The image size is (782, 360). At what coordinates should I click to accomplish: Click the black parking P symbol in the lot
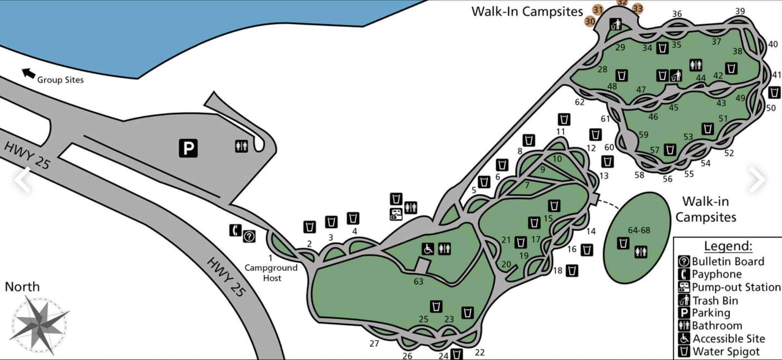click(x=188, y=148)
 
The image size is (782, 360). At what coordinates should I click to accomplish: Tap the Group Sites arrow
click(x=29, y=73)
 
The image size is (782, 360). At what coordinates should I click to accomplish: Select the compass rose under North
click(x=40, y=324)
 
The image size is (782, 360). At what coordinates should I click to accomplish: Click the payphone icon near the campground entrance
click(x=235, y=230)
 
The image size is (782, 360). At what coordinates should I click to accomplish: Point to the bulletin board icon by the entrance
click(x=249, y=236)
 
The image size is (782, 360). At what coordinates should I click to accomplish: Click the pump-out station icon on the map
click(x=396, y=214)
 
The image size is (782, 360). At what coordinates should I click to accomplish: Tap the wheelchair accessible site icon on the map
click(x=428, y=249)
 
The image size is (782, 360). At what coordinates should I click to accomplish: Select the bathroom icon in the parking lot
click(x=241, y=146)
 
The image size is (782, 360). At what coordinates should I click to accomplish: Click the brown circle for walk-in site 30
click(x=590, y=21)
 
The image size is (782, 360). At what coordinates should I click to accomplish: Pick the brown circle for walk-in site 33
click(x=637, y=8)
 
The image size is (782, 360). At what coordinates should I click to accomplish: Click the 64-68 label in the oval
click(x=639, y=230)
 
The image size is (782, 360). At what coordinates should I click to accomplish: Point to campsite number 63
click(x=418, y=281)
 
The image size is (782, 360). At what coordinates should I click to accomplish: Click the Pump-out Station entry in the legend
click(x=736, y=287)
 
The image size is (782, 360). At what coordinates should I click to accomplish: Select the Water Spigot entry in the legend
click(x=726, y=351)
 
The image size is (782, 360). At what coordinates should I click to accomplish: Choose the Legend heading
click(x=728, y=246)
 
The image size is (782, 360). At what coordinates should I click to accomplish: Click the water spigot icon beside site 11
click(x=564, y=119)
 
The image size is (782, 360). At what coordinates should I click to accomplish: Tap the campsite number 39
click(x=740, y=11)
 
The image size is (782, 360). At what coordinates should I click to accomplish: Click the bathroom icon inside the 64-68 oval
click(x=641, y=252)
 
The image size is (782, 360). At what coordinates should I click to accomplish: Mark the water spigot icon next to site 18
click(x=572, y=270)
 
